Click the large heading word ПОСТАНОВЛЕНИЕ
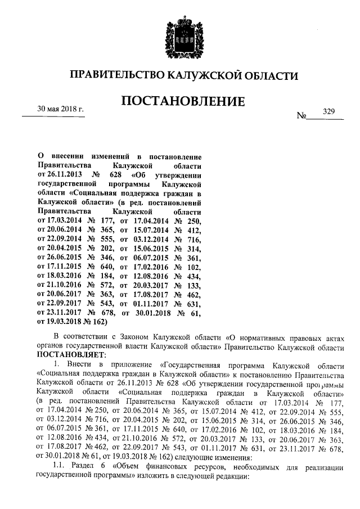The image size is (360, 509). coord(179,102)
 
